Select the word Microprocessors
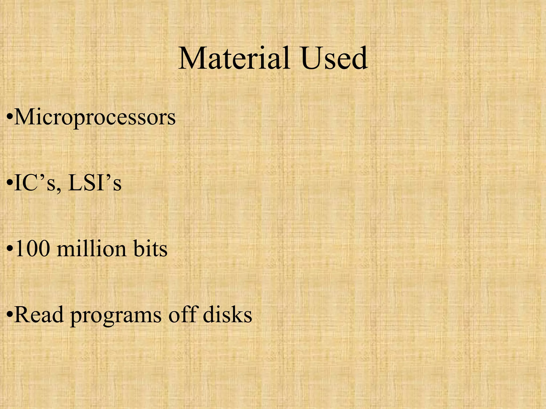click(95, 117)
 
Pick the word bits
click(150, 249)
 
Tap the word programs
click(116, 316)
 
